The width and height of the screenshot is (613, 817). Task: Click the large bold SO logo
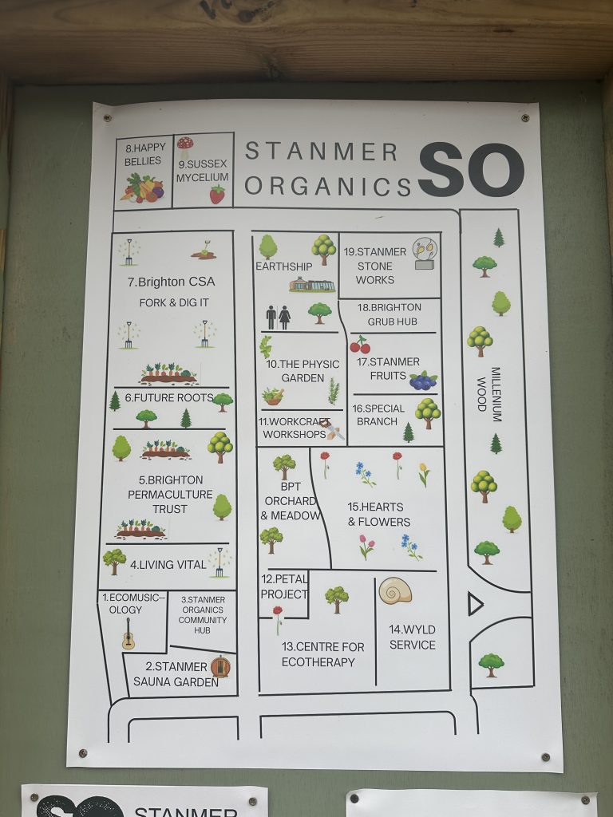coord(471,170)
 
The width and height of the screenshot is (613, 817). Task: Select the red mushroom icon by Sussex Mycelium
coord(185,144)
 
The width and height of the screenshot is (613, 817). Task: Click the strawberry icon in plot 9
coord(217,194)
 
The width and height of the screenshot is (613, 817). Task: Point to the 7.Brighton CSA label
coord(171,282)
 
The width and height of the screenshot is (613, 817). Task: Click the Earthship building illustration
coord(311,285)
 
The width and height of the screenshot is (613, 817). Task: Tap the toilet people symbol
coord(278,317)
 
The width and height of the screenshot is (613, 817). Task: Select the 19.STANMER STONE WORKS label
coord(375,266)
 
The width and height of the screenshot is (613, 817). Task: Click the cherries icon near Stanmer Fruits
coord(360,345)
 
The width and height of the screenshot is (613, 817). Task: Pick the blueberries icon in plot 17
coord(423,381)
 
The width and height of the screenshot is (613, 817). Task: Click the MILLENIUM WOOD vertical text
coord(488,389)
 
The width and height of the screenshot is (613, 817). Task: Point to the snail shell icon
coord(395,590)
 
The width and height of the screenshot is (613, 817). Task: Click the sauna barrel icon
coord(219,666)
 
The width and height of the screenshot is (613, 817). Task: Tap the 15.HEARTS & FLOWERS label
coord(378,514)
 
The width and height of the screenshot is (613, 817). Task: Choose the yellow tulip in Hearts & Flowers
coord(424,474)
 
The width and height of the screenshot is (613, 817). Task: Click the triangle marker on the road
coord(475,604)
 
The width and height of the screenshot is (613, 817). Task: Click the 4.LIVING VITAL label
coord(168,565)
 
